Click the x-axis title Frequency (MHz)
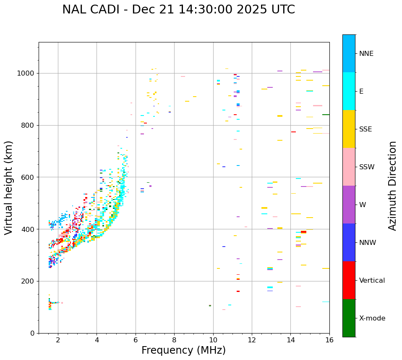pos(183,350)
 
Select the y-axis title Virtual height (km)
pos(9,188)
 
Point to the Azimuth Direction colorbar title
pos(392,186)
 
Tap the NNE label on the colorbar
pos(366,54)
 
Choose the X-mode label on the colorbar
pos(372,318)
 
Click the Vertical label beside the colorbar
pos(372,281)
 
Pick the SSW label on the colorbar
pos(367,167)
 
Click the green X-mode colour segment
pos(349,318)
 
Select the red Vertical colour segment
pos(349,280)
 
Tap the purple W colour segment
pos(349,205)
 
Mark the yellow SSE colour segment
pos(349,129)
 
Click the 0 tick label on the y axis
pos(33,333)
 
